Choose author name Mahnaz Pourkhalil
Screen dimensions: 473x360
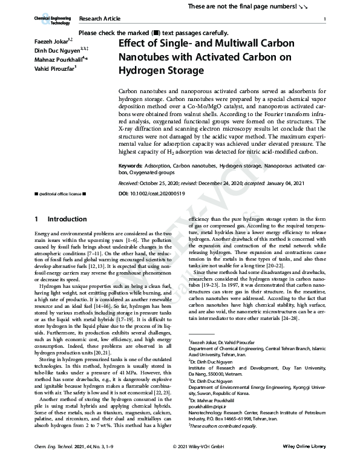tap(58, 59)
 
